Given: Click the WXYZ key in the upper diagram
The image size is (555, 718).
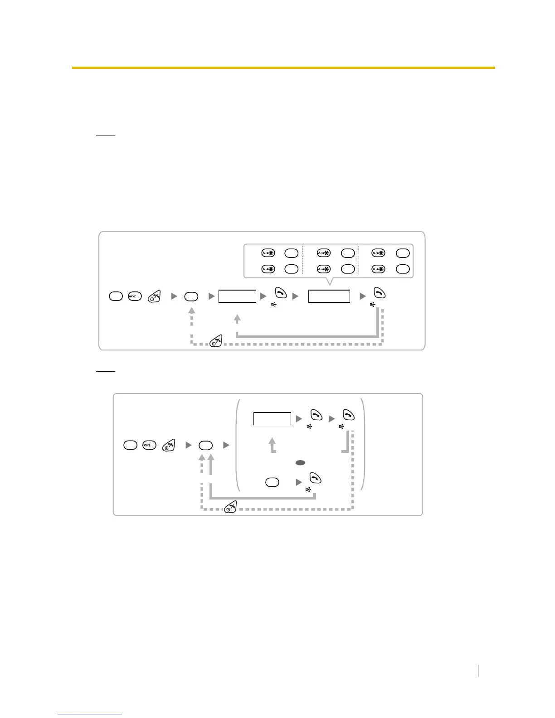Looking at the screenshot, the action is pos(135,296).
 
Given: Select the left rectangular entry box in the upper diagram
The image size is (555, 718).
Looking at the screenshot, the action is pos(237,296).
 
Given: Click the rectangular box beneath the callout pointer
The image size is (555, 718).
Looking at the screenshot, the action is pos(329,296).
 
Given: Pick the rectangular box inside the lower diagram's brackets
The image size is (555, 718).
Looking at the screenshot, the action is pos(272,418).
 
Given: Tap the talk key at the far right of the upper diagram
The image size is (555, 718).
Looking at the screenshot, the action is pos(380,293).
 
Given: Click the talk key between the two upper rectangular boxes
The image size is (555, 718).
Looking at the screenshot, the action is pos(281,293).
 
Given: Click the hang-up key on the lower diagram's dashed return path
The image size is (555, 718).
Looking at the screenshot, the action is pos(231,507).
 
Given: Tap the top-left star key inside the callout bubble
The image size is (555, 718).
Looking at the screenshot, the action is pos(268,253).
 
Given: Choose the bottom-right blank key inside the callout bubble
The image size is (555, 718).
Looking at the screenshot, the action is pos(403,269).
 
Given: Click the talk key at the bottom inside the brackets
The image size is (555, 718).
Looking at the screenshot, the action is pos(315,478).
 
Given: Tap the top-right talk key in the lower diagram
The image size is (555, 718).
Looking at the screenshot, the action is pos(348,415).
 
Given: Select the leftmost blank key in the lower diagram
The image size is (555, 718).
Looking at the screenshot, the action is pos(130,446).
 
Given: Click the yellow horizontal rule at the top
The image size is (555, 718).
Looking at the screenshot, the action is pos(283,68).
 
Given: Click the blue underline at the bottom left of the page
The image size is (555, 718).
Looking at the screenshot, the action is pos(90,714).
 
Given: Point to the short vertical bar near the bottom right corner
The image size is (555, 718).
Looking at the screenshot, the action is pos(478,671).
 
